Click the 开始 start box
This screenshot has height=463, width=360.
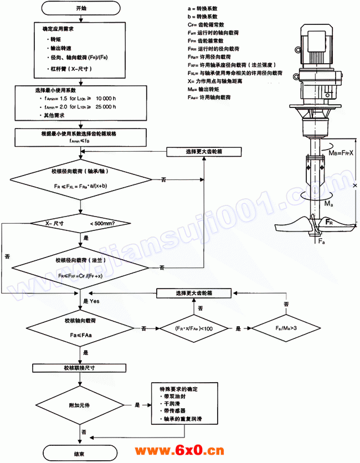tap(80, 8)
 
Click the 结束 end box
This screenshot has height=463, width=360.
tap(80, 454)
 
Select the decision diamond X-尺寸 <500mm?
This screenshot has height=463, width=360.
tap(81, 223)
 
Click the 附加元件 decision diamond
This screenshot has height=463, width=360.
tap(81, 405)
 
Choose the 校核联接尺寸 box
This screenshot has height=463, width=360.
tap(81, 368)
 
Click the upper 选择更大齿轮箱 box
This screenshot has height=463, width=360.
tap(204, 151)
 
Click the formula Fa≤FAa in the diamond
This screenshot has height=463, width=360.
tap(81, 336)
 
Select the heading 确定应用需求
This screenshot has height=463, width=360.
tap(61, 28)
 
